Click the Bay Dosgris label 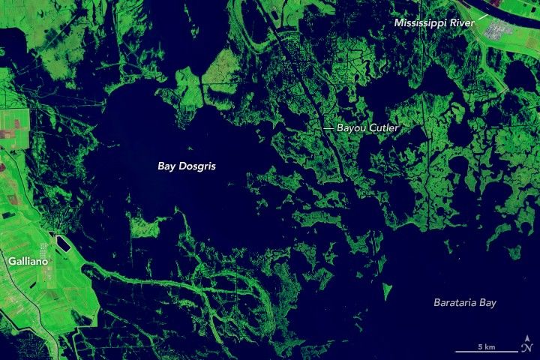click(186, 166)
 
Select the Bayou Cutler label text click(367, 129)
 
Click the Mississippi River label click(435, 23)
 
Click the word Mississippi click(421, 23)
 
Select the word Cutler click(382, 129)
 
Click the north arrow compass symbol click(526, 346)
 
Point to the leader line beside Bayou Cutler click(327, 129)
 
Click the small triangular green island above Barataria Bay click(388, 289)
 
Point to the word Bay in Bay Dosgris click(166, 166)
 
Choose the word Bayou click(350, 129)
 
